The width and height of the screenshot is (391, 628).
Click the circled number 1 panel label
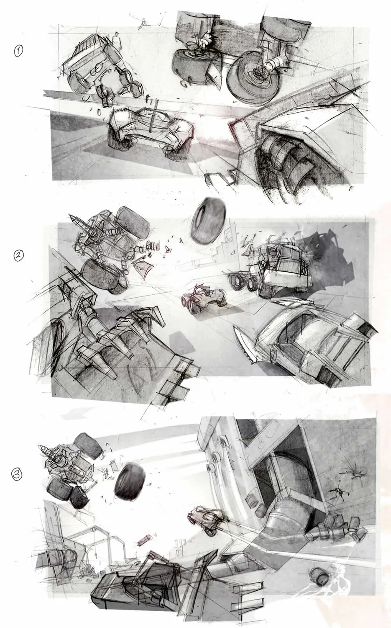point(18,51)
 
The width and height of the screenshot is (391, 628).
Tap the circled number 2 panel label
point(18,256)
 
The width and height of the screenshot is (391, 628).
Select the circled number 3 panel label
point(17,474)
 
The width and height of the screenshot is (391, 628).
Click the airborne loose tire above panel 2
point(209,217)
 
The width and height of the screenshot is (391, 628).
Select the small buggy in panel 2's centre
point(204,298)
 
